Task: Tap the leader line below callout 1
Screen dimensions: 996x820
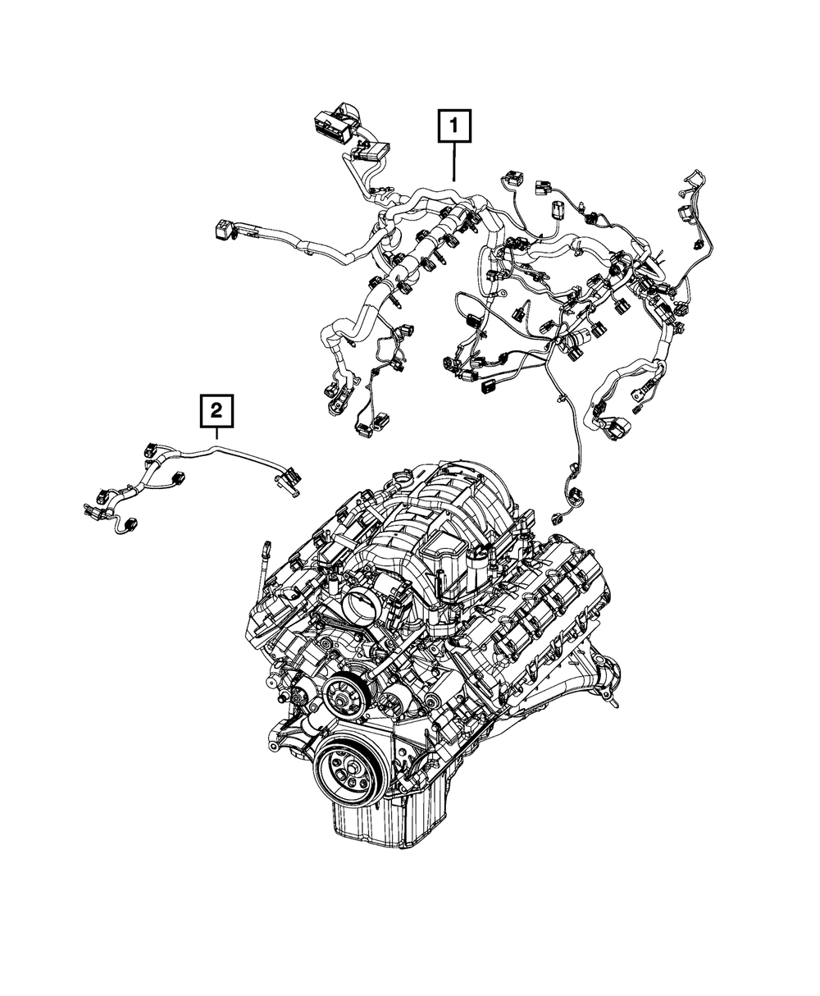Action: click(453, 160)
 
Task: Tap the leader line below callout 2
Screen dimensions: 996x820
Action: click(217, 436)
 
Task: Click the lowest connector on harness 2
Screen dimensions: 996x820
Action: click(130, 526)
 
